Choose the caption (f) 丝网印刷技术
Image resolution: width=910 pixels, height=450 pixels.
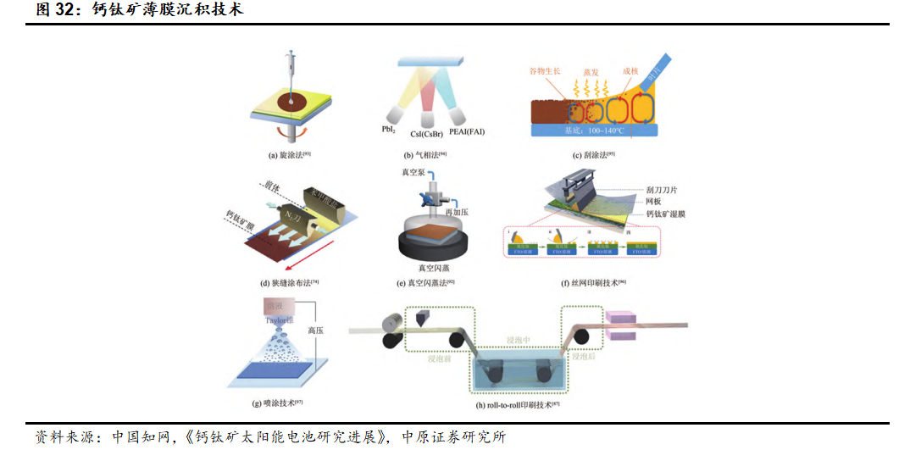[593, 282]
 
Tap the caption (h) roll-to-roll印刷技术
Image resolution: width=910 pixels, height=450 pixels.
[519, 405]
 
